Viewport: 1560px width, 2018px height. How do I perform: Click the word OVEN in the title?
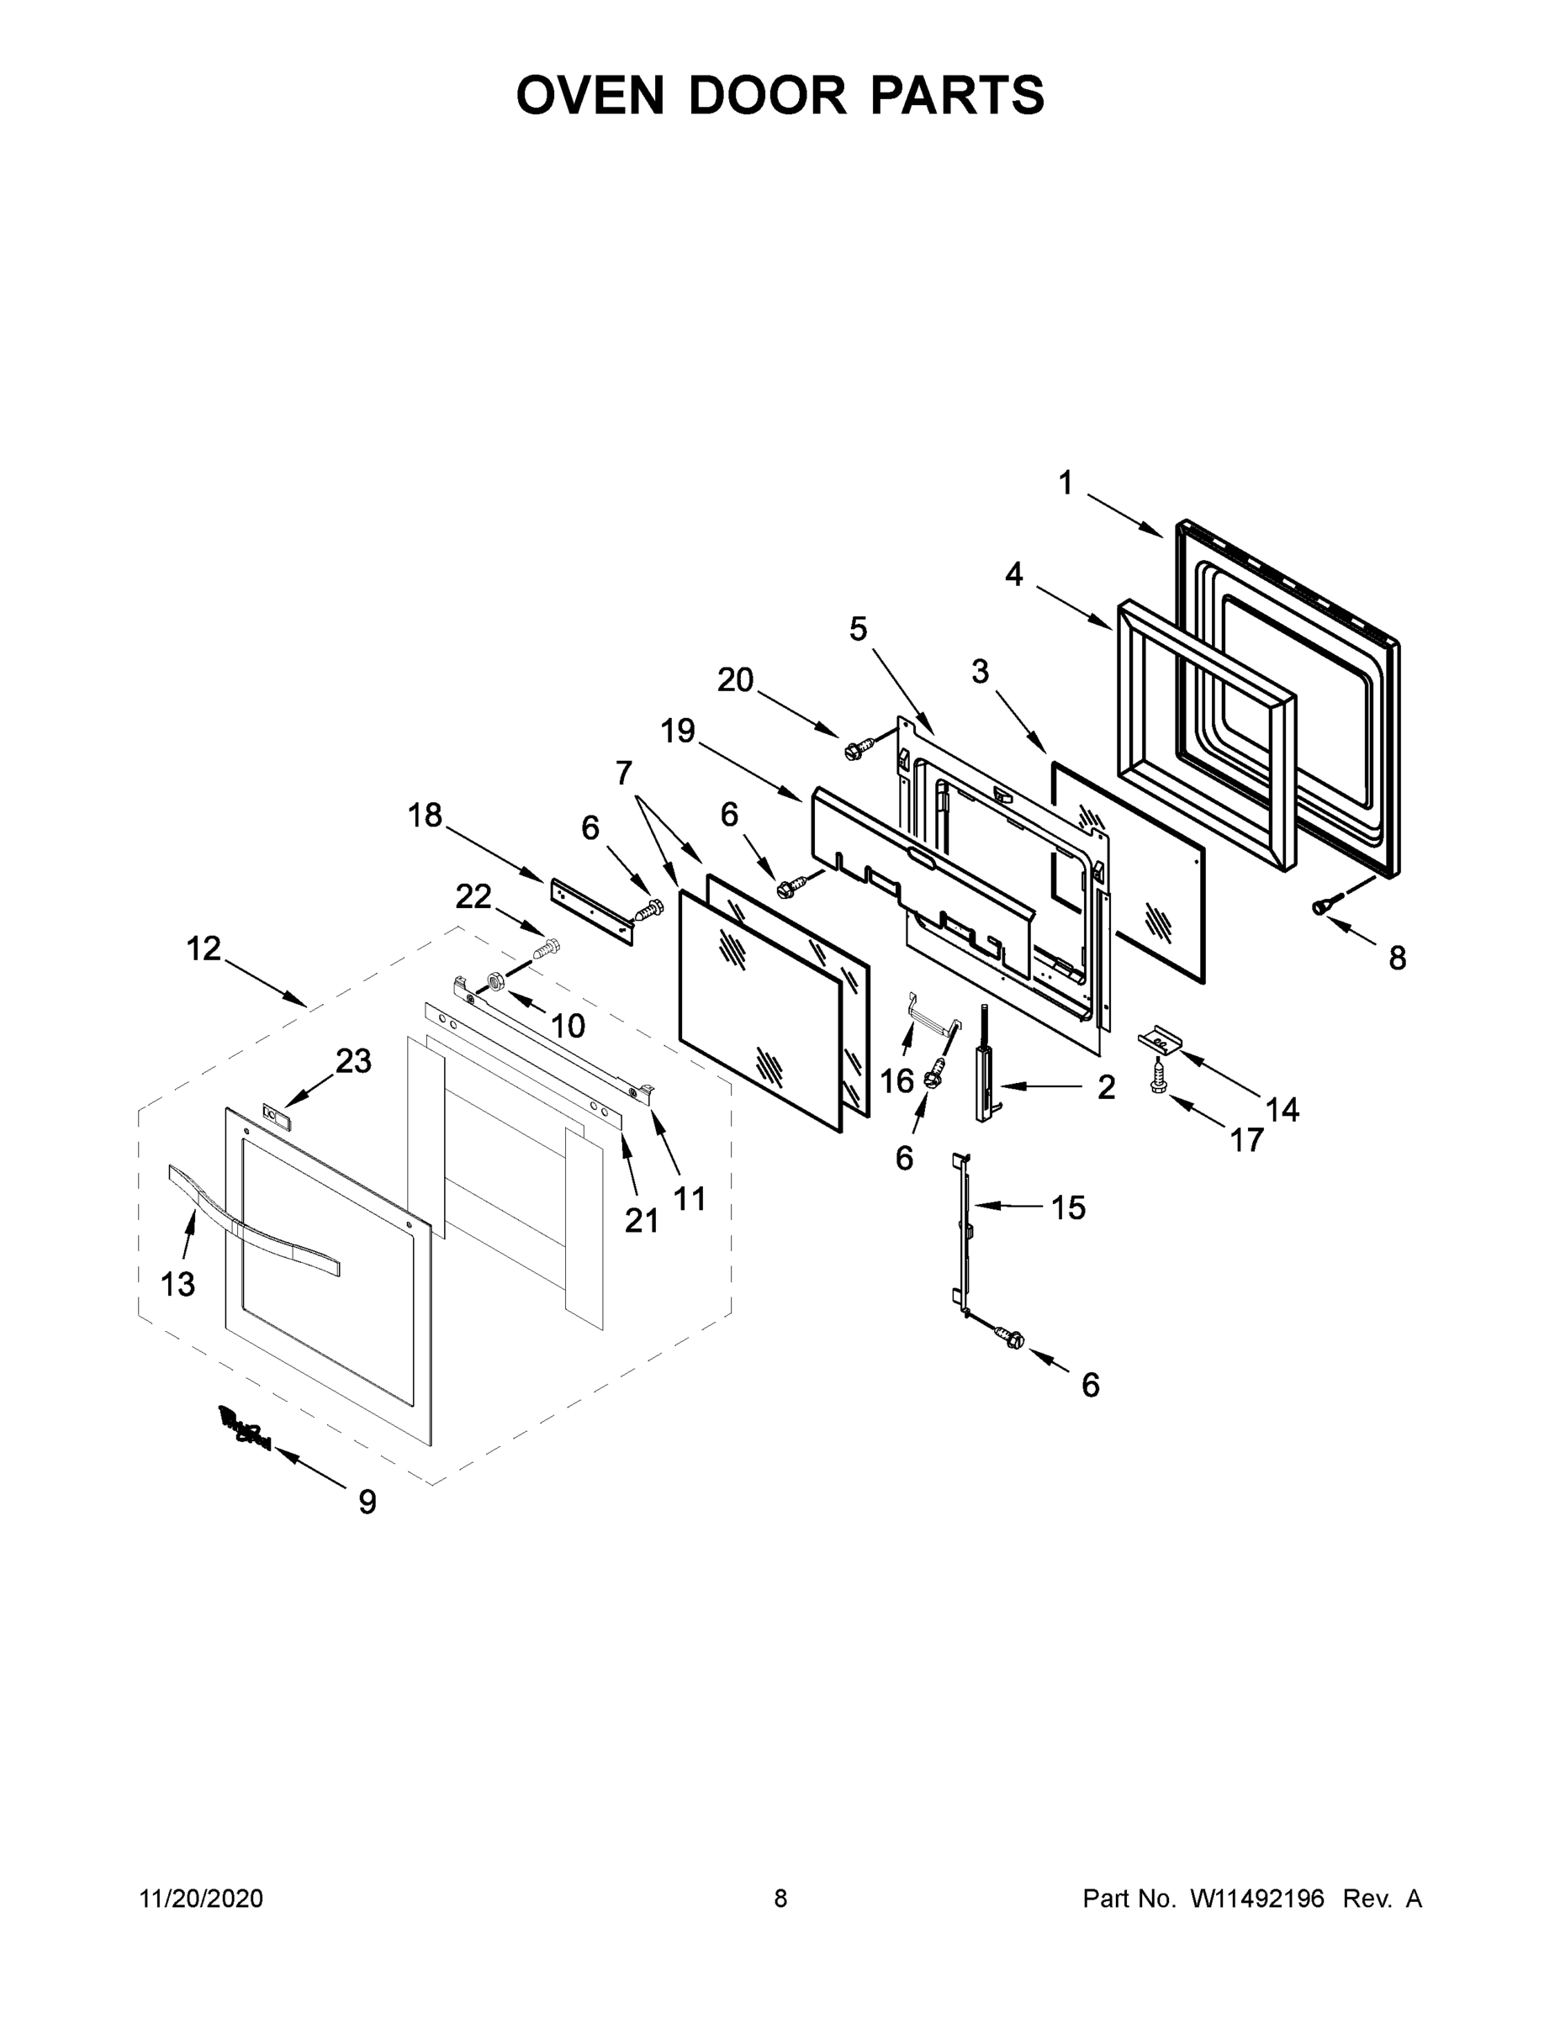(590, 95)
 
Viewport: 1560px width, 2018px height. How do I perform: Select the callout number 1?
(1066, 483)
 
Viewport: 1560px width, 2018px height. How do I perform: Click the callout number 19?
(678, 730)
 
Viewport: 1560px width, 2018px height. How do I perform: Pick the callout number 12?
(204, 947)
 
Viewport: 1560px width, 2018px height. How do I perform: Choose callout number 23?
(353, 1061)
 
